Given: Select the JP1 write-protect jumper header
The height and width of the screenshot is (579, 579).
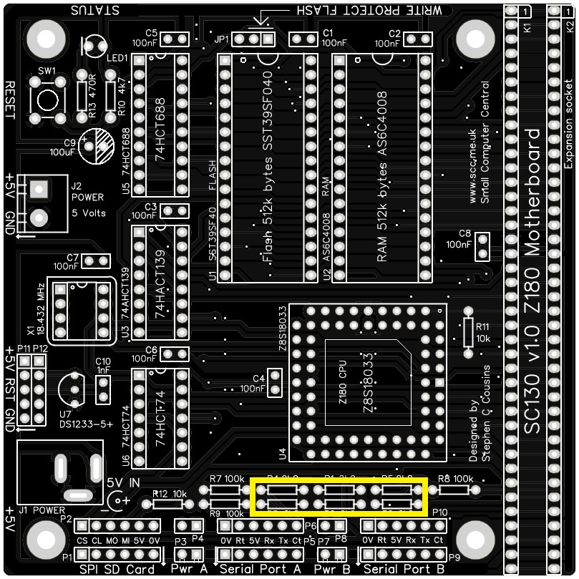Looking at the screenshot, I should (253, 39).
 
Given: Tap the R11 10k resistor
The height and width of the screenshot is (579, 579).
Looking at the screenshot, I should (469, 332).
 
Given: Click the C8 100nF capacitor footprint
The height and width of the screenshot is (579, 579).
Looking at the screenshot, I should (483, 246).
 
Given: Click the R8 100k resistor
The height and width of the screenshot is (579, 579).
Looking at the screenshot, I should (454, 490).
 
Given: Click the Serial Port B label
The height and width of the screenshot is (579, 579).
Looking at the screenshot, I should (404, 570).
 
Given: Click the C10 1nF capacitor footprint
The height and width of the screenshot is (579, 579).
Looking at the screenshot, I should (104, 390).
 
